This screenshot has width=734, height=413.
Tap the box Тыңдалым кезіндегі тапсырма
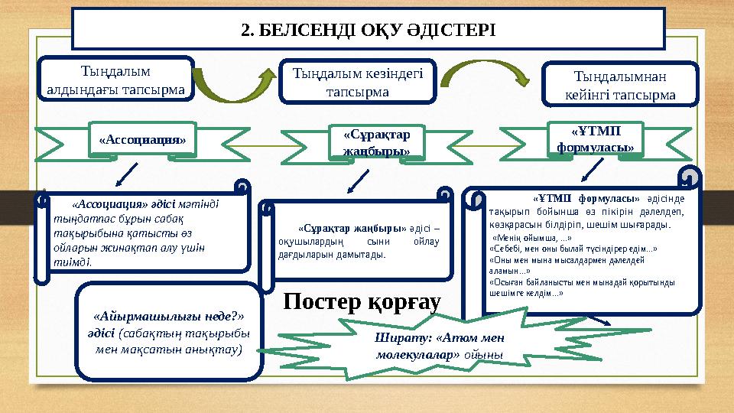tap(358, 81)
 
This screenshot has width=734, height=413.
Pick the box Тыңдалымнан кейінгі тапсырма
tap(619, 85)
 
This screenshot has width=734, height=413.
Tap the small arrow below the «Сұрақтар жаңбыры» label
tap(357, 180)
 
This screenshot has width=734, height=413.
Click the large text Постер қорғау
tap(362, 303)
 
